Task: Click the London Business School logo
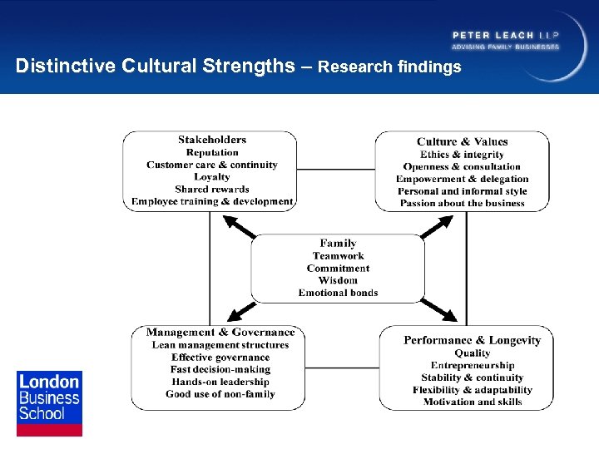(49, 402)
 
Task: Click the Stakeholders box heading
(212, 140)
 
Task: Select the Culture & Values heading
(462, 141)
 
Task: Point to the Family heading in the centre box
(338, 244)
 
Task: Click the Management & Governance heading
(220, 333)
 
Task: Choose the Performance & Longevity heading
(472, 340)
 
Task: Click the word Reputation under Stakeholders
(212, 152)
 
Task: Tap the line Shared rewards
(212, 190)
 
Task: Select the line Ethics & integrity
(462, 154)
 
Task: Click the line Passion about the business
(462, 203)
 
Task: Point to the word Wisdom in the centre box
(338, 280)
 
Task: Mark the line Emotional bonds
(338, 293)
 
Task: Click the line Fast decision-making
(220, 369)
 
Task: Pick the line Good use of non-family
(220, 394)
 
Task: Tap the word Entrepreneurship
(472, 365)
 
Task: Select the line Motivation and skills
(472, 402)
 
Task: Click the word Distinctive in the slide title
(67, 66)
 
